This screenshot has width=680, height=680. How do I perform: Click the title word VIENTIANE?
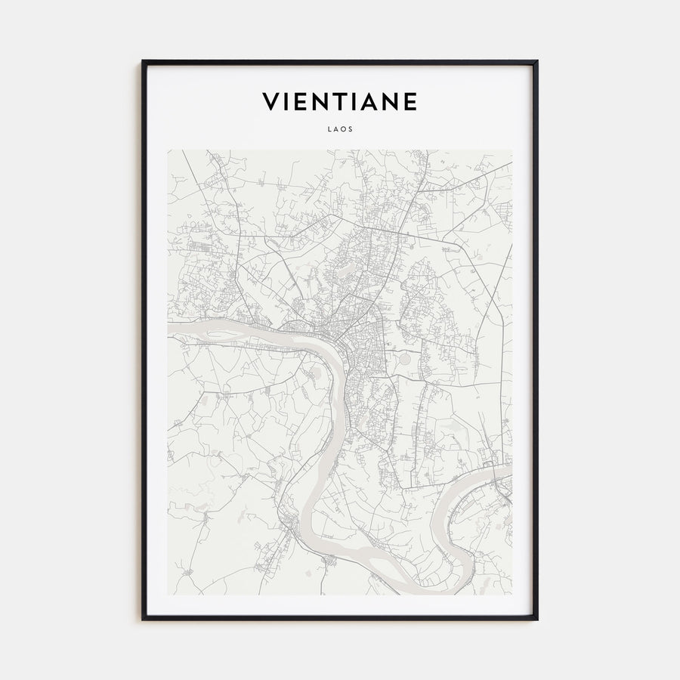pyautogui.click(x=339, y=101)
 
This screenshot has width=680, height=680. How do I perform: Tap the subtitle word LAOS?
pyautogui.click(x=339, y=129)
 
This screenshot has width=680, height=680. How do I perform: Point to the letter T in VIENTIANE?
pyautogui.click(x=338, y=101)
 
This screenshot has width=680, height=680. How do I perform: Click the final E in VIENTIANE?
pyautogui.click(x=410, y=101)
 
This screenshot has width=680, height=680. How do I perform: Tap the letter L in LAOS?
pyautogui.click(x=330, y=129)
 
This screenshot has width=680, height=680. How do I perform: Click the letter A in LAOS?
pyautogui.click(x=336, y=129)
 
